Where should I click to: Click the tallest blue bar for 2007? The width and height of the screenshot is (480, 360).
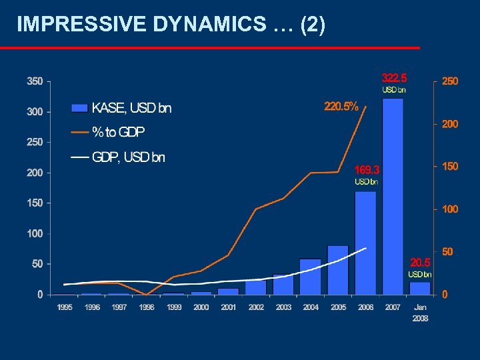tap(393, 196)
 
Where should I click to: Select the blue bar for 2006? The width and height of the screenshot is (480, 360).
tap(365, 243)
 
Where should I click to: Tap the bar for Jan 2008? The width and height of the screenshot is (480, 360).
tap(420, 288)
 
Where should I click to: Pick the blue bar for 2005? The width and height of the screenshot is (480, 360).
tap(338, 270)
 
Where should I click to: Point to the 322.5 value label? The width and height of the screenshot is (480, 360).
tap(394, 77)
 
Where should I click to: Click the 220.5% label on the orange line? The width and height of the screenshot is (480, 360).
tap(341, 105)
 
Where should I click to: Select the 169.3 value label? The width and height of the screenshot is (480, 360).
tap(367, 169)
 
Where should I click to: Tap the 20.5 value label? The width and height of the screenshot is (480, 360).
tap(420, 262)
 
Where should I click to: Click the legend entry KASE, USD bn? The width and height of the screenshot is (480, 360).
tap(121, 108)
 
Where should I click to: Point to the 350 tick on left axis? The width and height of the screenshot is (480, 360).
tap(35, 81)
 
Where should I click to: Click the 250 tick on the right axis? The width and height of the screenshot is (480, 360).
tap(450, 81)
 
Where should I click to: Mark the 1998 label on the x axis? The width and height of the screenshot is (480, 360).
tap(147, 307)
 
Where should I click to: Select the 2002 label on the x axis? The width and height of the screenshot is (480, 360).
tap(256, 307)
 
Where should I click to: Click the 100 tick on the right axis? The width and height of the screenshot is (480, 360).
tap(450, 209)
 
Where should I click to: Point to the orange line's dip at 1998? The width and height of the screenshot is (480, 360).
tap(147, 294)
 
